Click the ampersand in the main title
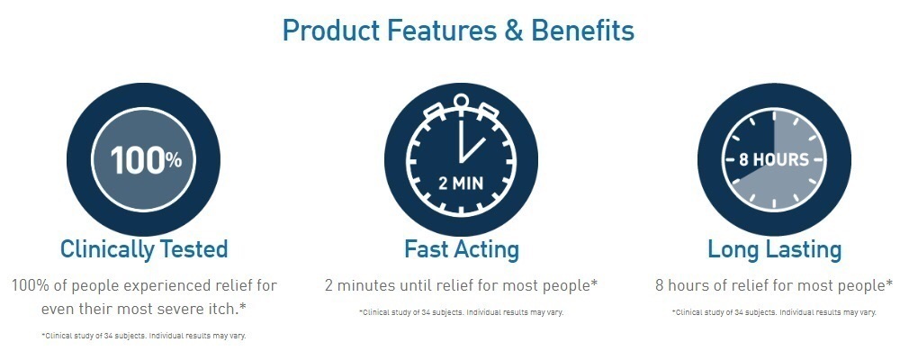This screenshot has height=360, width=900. pos(514,31)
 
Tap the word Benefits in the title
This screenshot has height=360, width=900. pos(582,31)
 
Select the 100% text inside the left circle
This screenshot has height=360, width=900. pos(146,160)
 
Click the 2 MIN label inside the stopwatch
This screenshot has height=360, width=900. pos(461,184)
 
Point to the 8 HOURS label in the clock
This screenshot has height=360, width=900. pos(774,159)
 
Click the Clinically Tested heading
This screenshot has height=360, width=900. pos(144,249)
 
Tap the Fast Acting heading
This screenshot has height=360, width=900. pos(462,249)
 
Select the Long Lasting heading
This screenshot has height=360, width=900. pos(774,249)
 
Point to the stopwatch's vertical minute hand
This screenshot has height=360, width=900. pos(460,140)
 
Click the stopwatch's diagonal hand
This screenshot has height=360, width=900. pos(472,150)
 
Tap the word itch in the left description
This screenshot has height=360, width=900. pos(224,309)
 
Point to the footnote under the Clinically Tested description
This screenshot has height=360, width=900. pos(143,336)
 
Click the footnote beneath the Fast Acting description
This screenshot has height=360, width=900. pos(462,313)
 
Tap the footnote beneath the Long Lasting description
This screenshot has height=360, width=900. pos(774,313)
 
